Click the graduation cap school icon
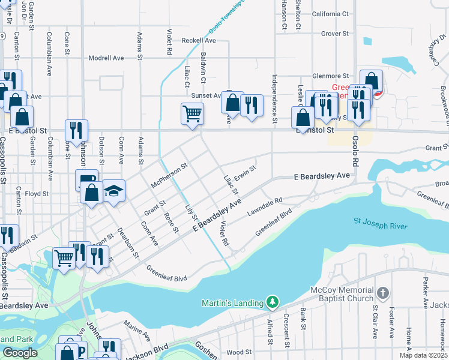[x=113, y=190]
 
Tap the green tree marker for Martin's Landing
[x=273, y=302]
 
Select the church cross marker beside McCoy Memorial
[x=383, y=293]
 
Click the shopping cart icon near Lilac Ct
[x=192, y=113]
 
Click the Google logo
[x=19, y=352]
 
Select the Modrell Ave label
[x=106, y=58]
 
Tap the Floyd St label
[x=37, y=194]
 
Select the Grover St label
[x=335, y=34]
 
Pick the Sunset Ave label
[x=206, y=95]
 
